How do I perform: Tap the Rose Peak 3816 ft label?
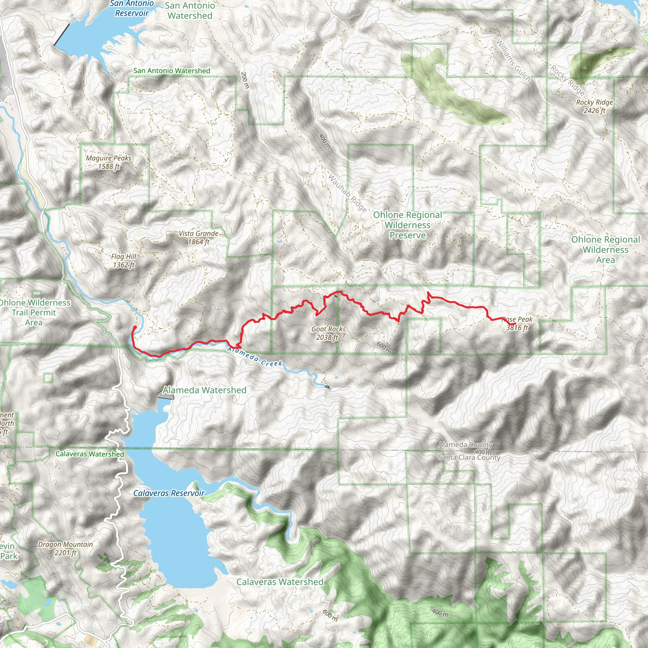coord(517,324)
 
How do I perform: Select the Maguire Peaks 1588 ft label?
coord(108,162)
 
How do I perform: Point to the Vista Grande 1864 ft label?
coord(199,238)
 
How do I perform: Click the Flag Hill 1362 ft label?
coord(124,261)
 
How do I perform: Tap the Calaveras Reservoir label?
coord(169,493)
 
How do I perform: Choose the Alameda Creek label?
coord(255,357)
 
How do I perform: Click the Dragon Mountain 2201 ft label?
coord(65,548)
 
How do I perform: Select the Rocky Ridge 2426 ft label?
coord(594,106)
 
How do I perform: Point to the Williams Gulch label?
coord(513,61)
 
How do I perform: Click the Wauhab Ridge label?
coord(347,193)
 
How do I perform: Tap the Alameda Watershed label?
coord(204,390)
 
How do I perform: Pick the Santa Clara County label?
coord(469,458)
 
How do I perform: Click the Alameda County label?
coord(465,445)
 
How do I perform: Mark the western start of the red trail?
coord(135,327)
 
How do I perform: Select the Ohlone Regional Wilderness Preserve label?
coord(408,225)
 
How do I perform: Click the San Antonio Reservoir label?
coord(132,9)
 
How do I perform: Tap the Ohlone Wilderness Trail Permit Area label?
coord(34,312)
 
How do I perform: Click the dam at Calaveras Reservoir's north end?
coord(165,397)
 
